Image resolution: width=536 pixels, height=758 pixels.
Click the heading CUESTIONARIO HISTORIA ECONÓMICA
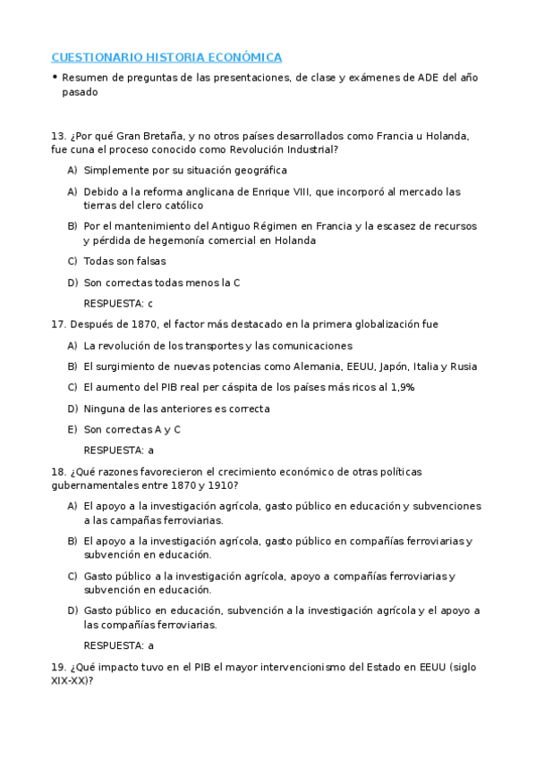[x=166, y=57]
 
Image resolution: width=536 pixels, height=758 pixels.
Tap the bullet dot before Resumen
[x=55, y=78]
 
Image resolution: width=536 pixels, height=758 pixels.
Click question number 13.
[x=59, y=136]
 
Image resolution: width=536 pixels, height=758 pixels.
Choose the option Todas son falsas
[x=124, y=261]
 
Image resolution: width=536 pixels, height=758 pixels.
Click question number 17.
[x=59, y=324]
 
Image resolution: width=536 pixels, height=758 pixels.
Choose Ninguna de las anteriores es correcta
[x=176, y=408]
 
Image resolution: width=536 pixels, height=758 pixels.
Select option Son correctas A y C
[x=132, y=429]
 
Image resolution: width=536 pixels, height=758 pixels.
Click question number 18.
[x=59, y=471]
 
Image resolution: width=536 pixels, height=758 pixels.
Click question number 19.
[x=59, y=666]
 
